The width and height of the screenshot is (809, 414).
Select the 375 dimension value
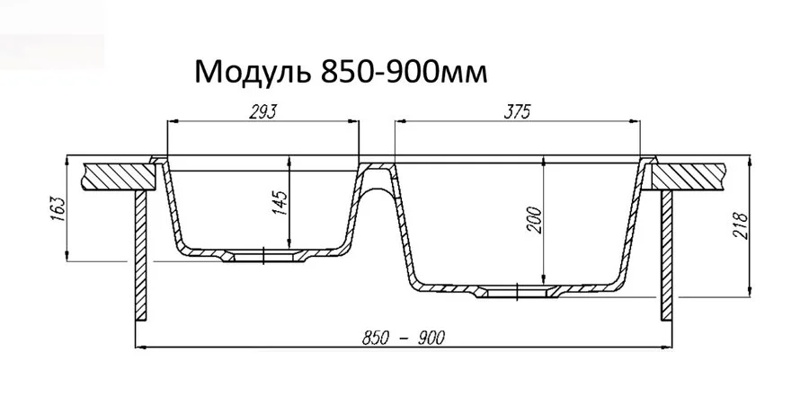(519, 111)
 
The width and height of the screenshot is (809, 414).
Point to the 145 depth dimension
(280, 203)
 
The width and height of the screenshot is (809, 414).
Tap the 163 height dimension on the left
(59, 210)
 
